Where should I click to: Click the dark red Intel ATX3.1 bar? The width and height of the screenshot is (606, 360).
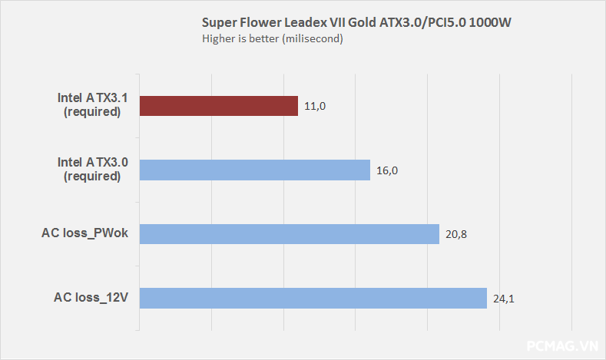[219, 106]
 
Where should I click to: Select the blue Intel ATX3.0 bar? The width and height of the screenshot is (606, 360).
[255, 170]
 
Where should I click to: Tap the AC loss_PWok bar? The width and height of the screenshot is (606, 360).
[290, 233]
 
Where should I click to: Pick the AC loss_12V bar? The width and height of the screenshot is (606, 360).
[313, 298]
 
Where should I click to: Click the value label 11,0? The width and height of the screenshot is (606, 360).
[315, 107]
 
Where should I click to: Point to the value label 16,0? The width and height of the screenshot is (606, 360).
[387, 170]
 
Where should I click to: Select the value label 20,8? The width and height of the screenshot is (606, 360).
[456, 234]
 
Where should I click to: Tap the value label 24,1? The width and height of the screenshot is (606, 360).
[504, 298]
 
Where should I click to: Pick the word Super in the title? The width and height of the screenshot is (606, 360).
[217, 22]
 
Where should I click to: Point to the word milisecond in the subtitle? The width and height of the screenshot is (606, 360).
[310, 39]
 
